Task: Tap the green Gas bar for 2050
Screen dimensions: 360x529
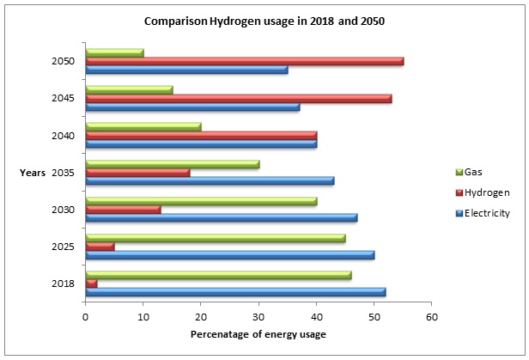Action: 115,52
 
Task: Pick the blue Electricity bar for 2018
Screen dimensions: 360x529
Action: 236,292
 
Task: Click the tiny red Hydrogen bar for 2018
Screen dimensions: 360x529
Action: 92,283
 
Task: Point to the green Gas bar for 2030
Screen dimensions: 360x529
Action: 202,200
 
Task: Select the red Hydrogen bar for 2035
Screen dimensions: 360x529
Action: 137,172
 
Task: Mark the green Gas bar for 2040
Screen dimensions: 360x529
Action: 143,126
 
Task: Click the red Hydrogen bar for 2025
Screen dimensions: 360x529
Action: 100,246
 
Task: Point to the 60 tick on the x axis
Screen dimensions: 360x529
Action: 431,317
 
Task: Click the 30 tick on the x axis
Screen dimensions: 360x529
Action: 258,317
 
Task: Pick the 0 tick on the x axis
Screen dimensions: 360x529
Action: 86,317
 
